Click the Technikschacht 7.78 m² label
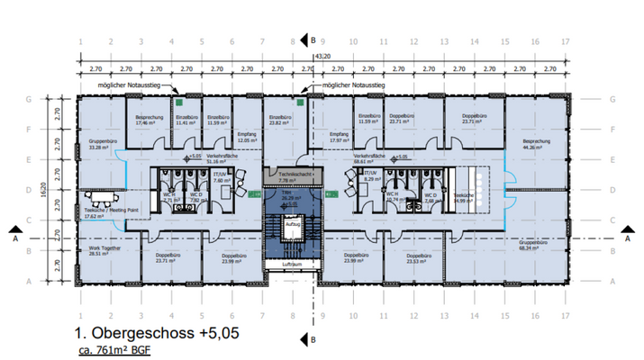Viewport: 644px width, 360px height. (293, 177)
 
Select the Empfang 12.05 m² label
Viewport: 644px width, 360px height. (247, 138)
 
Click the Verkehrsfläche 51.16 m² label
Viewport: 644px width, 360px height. (227, 160)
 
